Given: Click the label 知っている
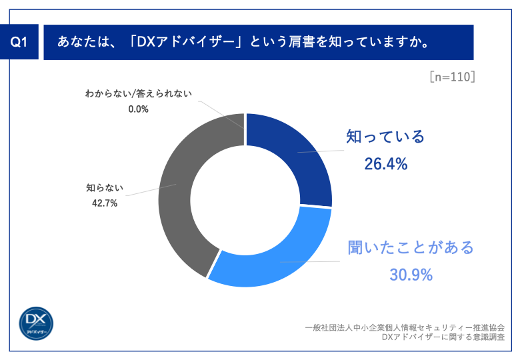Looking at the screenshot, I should pyautogui.click(x=385, y=137).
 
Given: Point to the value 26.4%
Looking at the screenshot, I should pyautogui.click(x=385, y=163).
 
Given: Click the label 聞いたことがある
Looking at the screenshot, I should pyautogui.click(x=411, y=247).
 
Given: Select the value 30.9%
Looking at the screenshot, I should pyautogui.click(x=411, y=274).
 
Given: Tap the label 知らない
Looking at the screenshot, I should pyautogui.click(x=105, y=188).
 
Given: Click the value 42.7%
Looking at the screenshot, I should pyautogui.click(x=105, y=203).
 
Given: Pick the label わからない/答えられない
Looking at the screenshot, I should pyautogui.click(x=138, y=94).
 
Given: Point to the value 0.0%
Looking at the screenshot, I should pyautogui.click(x=138, y=109).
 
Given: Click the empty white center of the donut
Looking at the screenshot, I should pyautogui.click(x=245, y=200).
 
